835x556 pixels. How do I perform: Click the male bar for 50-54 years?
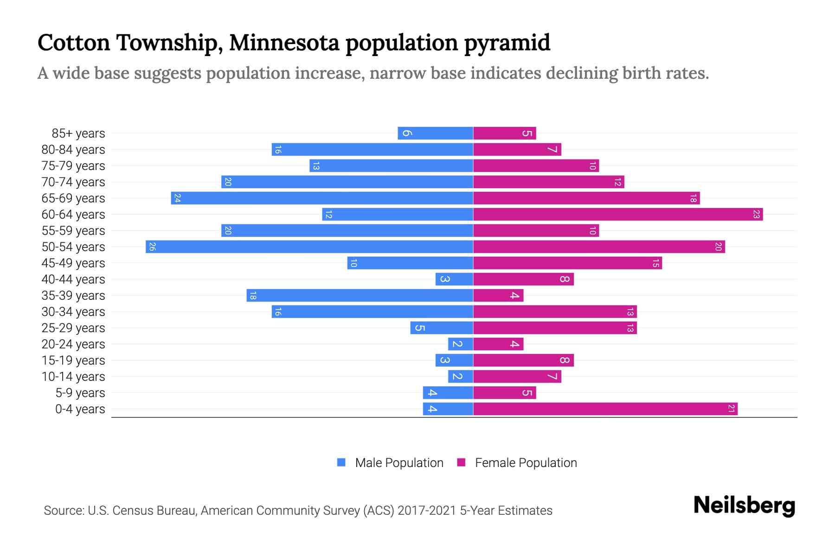coord(309,246)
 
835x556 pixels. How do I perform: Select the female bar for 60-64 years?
coord(618,214)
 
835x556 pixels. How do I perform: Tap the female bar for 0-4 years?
coord(605,409)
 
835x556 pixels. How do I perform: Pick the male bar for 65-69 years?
coord(322,198)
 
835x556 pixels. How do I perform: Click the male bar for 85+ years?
coord(435,133)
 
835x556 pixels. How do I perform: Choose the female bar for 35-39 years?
coord(498,295)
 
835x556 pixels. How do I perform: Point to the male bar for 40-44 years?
coord(454,279)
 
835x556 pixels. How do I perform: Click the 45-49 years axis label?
coord(73,263)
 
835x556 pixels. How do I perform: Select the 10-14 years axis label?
coord(73,376)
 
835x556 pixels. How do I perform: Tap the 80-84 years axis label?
coord(73,149)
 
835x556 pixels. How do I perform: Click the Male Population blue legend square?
coord(341,462)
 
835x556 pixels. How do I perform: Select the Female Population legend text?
coord(526,462)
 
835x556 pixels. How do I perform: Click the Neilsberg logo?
coord(744,505)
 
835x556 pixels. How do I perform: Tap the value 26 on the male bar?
coord(152,246)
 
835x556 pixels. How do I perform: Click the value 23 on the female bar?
coord(756,214)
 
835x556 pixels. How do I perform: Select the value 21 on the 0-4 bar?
coord(731,409)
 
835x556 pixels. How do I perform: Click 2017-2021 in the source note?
coord(427,511)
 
